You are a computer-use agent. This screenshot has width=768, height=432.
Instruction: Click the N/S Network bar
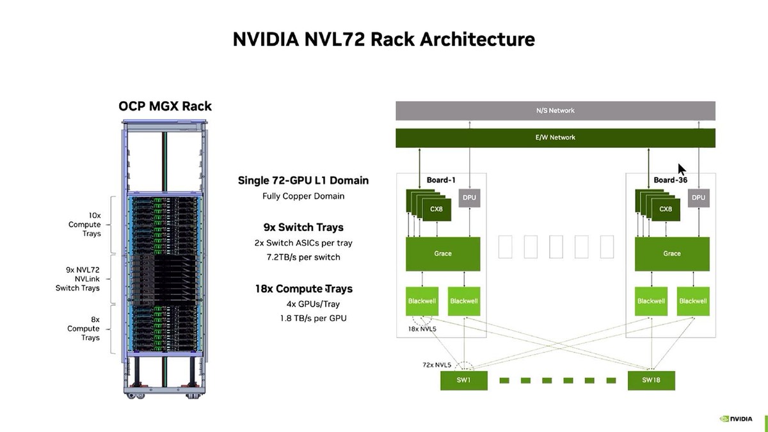tap(555, 111)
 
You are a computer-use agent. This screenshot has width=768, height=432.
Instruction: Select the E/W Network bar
tap(555, 138)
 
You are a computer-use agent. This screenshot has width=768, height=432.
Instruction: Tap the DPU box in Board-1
tap(470, 198)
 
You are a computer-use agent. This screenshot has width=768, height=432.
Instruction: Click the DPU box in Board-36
tap(698, 198)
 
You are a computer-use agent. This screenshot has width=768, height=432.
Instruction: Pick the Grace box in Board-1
tap(443, 253)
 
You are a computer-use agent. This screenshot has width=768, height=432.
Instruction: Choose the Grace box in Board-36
tap(672, 253)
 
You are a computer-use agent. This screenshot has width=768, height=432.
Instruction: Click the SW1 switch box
tap(463, 380)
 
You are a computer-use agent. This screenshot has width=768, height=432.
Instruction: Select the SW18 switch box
tap(651, 380)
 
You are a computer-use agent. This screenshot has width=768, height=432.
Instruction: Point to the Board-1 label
tap(441, 180)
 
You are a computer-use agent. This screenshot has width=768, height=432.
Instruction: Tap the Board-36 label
tap(670, 180)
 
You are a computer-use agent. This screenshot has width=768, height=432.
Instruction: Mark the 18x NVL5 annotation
tap(422, 329)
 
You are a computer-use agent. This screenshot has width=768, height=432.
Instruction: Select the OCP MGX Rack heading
tap(165, 106)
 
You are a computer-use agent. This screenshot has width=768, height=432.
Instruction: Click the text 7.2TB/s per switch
tap(303, 257)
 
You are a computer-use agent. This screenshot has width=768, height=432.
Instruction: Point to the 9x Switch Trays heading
tap(303, 227)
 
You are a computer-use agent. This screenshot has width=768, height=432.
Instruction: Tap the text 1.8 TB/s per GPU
tap(313, 318)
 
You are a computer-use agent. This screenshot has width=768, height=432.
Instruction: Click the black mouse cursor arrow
tap(682, 170)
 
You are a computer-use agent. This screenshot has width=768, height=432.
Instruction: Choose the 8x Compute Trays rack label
tap(84, 329)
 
